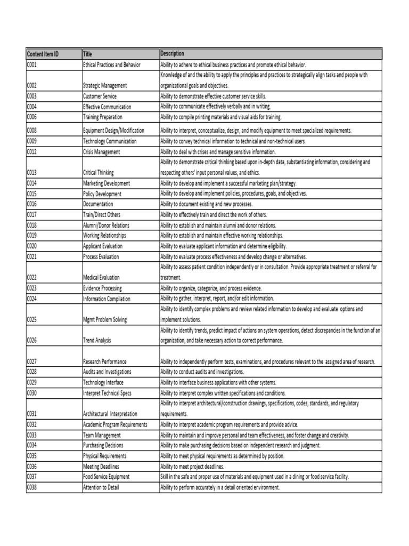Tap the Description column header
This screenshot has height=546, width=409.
(173, 54)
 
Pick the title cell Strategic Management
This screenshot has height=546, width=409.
(105, 85)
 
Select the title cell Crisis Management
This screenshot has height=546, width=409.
(102, 152)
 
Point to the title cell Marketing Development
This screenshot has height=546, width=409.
(107, 183)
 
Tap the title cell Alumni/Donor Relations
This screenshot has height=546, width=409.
(107, 225)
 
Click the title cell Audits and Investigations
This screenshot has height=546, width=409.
(108, 372)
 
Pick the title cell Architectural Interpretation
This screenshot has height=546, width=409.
(110, 413)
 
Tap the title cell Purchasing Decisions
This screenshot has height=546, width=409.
(103, 445)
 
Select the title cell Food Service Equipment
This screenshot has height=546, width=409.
(107, 477)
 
